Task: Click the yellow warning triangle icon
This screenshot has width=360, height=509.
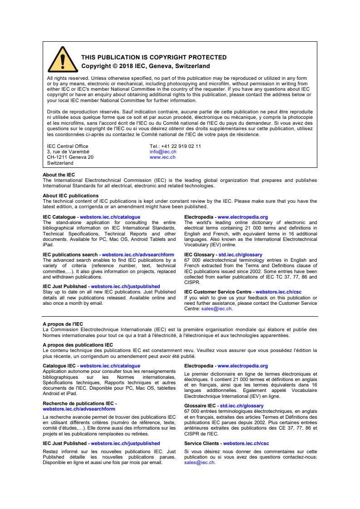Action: (x=62, y=62)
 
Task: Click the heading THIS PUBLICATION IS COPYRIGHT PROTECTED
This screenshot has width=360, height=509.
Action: (x=153, y=58)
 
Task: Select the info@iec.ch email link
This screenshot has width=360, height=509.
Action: (x=160, y=152)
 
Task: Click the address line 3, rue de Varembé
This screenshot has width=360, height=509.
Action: (x=68, y=152)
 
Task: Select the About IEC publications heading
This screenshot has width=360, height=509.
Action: (x=70, y=196)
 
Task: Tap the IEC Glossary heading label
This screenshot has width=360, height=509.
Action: (x=200, y=255)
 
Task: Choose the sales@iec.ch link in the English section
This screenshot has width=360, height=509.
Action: (x=217, y=308)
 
